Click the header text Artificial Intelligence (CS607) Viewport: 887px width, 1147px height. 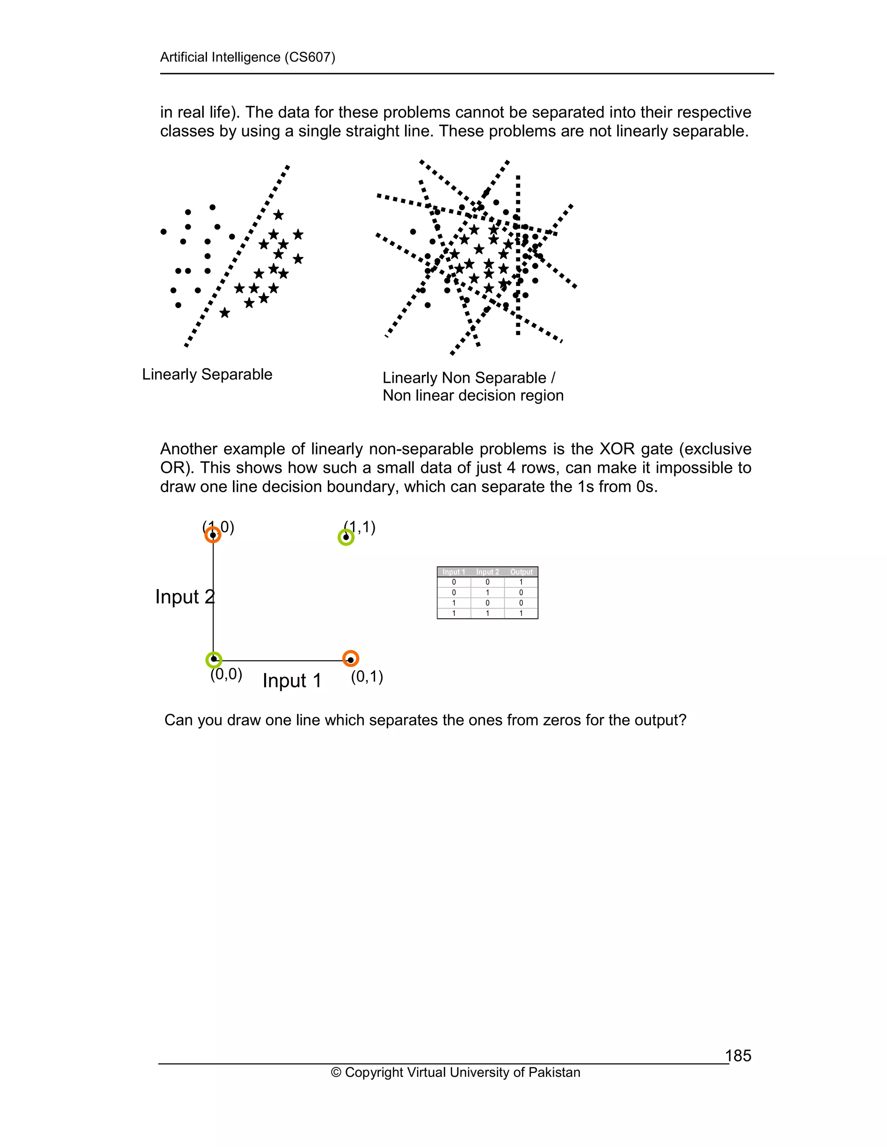point(247,57)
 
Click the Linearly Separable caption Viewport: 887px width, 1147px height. point(207,374)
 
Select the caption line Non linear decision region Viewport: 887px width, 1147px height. point(473,396)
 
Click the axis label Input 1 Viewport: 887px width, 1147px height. point(291,681)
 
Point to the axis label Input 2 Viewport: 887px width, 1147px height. point(185,597)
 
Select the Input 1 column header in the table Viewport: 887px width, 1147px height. point(453,572)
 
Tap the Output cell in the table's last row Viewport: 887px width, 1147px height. point(521,613)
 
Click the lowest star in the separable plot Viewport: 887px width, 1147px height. point(224,313)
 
